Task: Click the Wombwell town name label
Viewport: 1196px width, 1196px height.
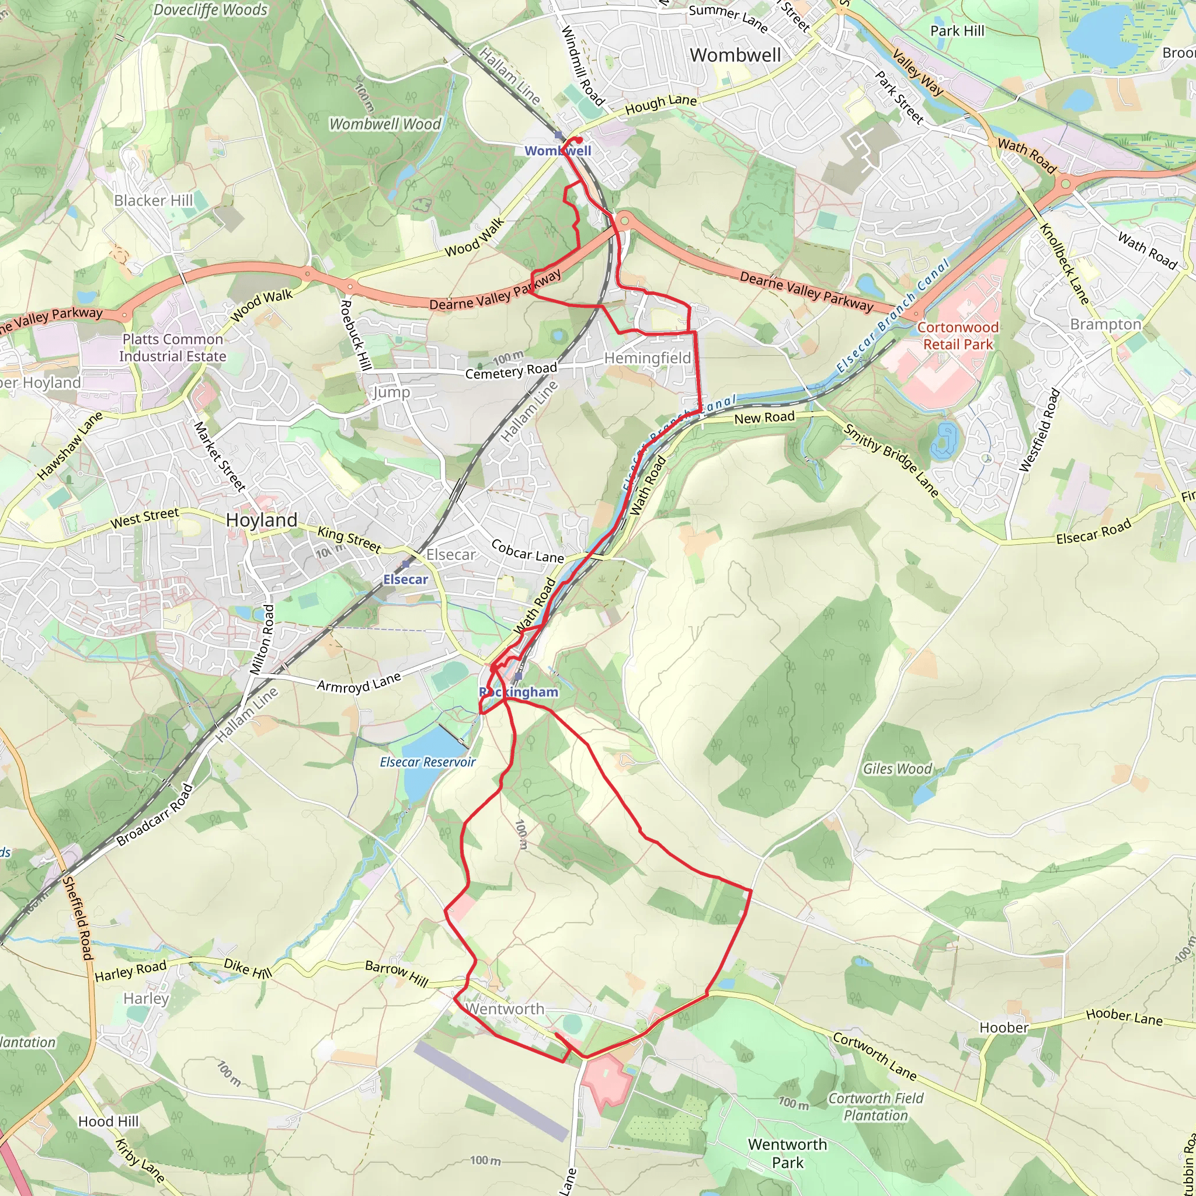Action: point(735,55)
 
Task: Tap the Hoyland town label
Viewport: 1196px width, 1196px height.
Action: point(261,520)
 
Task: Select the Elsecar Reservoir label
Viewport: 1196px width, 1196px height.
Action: point(427,762)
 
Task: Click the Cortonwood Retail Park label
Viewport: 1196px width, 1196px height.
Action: point(958,336)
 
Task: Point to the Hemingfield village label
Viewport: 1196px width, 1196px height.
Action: point(647,358)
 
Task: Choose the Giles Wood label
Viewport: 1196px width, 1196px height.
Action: point(897,769)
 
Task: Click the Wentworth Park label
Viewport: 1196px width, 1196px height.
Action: point(787,1153)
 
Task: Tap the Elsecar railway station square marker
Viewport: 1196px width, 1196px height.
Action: point(405,564)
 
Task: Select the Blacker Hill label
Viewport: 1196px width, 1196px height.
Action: point(154,200)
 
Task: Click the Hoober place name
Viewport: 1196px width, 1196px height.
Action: point(1003,1028)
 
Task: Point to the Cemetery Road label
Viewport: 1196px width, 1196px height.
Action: point(511,371)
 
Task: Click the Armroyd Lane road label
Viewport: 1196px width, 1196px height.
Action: point(359,683)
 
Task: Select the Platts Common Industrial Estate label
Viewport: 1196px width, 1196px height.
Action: point(173,348)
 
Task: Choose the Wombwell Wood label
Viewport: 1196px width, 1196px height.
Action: point(385,124)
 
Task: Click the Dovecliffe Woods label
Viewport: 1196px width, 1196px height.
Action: point(210,10)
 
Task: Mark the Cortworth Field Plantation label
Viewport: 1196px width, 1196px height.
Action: point(875,1107)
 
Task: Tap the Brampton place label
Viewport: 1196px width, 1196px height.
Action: point(1105,324)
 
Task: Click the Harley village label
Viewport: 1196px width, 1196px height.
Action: point(146,999)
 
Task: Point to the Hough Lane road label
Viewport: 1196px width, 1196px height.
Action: point(660,105)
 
